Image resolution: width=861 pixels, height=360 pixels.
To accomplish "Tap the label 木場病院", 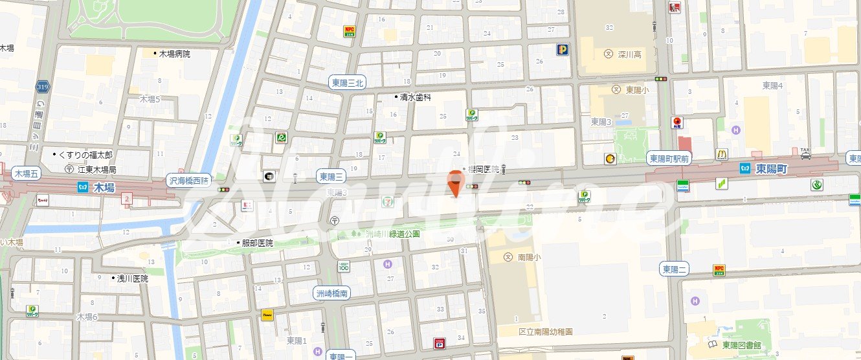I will [x=175, y=54].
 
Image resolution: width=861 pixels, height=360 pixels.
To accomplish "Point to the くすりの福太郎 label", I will [x=85, y=155].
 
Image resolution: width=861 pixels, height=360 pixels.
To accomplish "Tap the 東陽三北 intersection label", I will [x=348, y=82].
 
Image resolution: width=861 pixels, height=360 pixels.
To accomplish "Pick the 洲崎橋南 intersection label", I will [x=332, y=293].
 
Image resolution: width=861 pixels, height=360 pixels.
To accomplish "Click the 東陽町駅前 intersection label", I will [x=670, y=158].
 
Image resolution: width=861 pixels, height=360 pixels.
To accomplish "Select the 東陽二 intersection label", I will [x=674, y=269].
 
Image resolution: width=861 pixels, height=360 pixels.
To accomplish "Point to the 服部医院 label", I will [x=257, y=243].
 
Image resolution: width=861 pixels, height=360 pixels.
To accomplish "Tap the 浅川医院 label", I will [x=132, y=278].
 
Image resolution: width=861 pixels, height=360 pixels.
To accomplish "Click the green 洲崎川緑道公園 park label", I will [x=393, y=234].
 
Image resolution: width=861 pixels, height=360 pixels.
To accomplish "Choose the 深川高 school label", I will [x=629, y=54].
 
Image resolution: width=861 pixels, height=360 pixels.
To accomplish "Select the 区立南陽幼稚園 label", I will [x=546, y=332].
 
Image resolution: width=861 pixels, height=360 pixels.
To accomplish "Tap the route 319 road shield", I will [x=43, y=87].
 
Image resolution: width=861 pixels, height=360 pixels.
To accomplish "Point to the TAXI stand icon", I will [x=805, y=153].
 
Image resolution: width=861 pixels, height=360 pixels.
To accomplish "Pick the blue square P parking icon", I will [x=562, y=49].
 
